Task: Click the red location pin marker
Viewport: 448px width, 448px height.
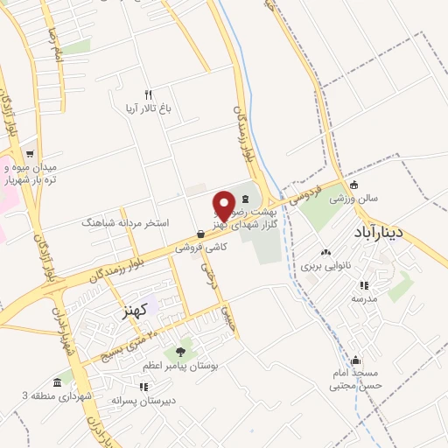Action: click(x=225, y=205)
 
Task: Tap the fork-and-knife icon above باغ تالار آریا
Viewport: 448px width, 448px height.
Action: click(x=149, y=94)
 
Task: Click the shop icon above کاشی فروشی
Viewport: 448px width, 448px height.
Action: click(x=202, y=234)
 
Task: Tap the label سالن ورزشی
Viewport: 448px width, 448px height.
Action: click(x=353, y=199)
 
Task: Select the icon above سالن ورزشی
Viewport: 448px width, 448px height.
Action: click(x=353, y=185)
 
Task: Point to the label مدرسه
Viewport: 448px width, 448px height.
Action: click(x=364, y=298)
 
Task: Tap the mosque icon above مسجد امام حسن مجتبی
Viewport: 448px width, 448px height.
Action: click(x=355, y=360)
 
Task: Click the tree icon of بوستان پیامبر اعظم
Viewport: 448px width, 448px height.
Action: click(x=181, y=351)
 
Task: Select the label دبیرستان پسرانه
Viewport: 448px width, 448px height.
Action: click(x=143, y=400)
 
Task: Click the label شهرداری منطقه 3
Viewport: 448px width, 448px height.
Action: click(x=56, y=395)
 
